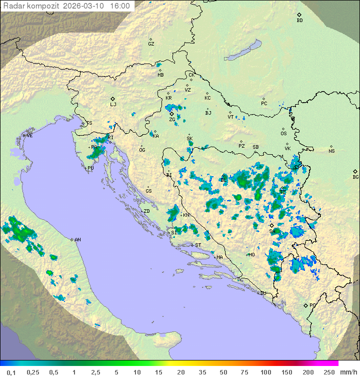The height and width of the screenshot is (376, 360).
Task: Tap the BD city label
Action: [299, 21]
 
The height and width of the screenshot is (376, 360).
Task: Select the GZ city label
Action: [151, 44]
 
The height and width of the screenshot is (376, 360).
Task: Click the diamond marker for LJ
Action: [113, 99]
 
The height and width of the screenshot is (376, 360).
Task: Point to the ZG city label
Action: [172, 120]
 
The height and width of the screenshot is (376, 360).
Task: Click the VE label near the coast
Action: [29, 136]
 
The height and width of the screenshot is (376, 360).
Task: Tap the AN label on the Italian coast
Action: [77, 240]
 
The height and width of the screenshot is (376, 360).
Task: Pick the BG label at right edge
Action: [355, 177]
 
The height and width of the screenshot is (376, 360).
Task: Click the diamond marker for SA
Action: [271, 226]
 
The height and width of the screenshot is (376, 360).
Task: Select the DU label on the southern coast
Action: [262, 293]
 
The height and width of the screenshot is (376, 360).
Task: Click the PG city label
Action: [312, 305]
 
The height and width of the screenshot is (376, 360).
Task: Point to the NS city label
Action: [331, 151]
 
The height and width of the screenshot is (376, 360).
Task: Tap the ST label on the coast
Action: [198, 245]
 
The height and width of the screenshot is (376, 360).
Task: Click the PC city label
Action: [264, 104]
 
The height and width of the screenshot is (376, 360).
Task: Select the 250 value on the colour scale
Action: [329, 372]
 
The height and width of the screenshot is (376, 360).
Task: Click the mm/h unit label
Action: [348, 372]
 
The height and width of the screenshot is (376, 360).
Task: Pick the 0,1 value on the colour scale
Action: [11, 372]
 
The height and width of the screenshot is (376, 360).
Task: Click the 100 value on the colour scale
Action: [265, 372]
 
